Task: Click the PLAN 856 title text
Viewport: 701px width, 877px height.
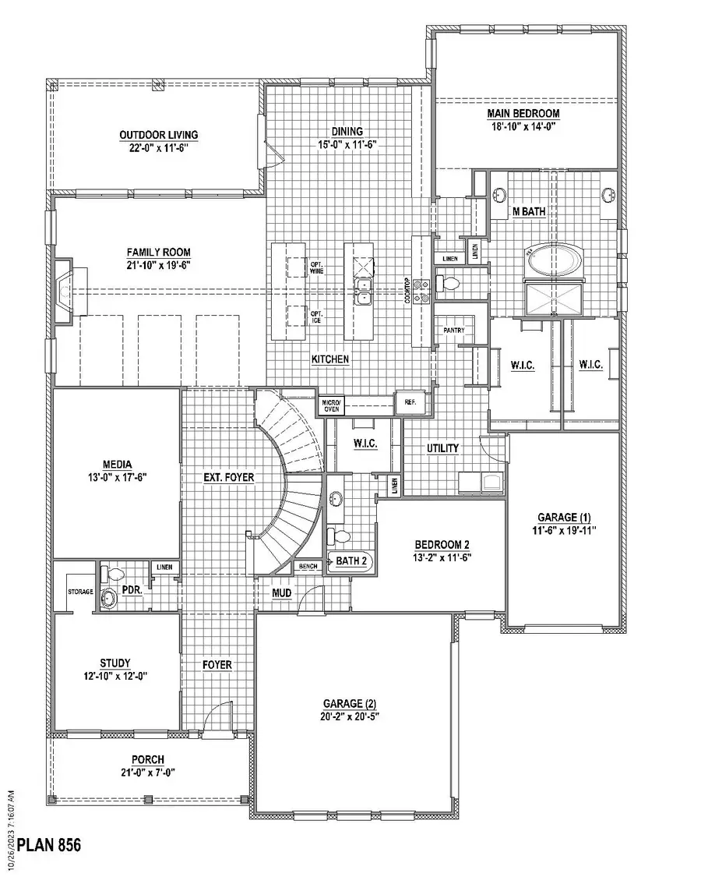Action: point(49,844)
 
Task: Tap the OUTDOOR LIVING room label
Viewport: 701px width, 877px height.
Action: point(158,135)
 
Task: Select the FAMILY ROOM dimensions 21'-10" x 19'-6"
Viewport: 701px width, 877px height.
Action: point(159,265)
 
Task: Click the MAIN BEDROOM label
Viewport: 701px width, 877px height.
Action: point(523,113)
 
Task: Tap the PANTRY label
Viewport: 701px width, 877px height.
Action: point(453,331)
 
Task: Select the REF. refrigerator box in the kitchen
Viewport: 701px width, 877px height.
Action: point(409,401)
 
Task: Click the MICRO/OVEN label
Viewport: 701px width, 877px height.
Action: point(330,405)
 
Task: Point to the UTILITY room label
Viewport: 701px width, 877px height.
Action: point(442,448)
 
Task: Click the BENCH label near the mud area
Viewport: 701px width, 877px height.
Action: point(308,566)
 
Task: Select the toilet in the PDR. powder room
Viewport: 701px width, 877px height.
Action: point(114,575)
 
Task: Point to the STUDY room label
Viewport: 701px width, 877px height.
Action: point(114,663)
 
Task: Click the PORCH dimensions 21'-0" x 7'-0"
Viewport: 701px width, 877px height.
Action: point(147,772)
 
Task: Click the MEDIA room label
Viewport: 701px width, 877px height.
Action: point(116,465)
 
